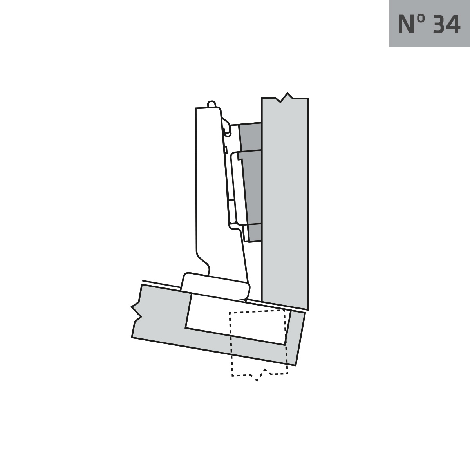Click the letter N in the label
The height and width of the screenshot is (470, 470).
tap(406, 24)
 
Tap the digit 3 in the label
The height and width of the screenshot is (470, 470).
tap(439, 24)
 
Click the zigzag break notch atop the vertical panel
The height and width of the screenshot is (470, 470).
tap(286, 97)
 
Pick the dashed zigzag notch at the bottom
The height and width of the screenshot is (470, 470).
tap(260, 375)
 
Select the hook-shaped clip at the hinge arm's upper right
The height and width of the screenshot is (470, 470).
tap(226, 127)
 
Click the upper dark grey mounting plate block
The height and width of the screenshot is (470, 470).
tap(251, 136)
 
